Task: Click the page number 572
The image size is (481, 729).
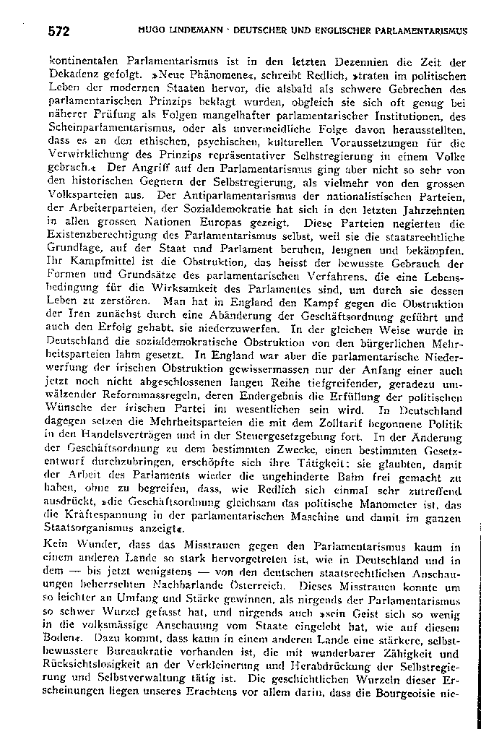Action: [x=58, y=31]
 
